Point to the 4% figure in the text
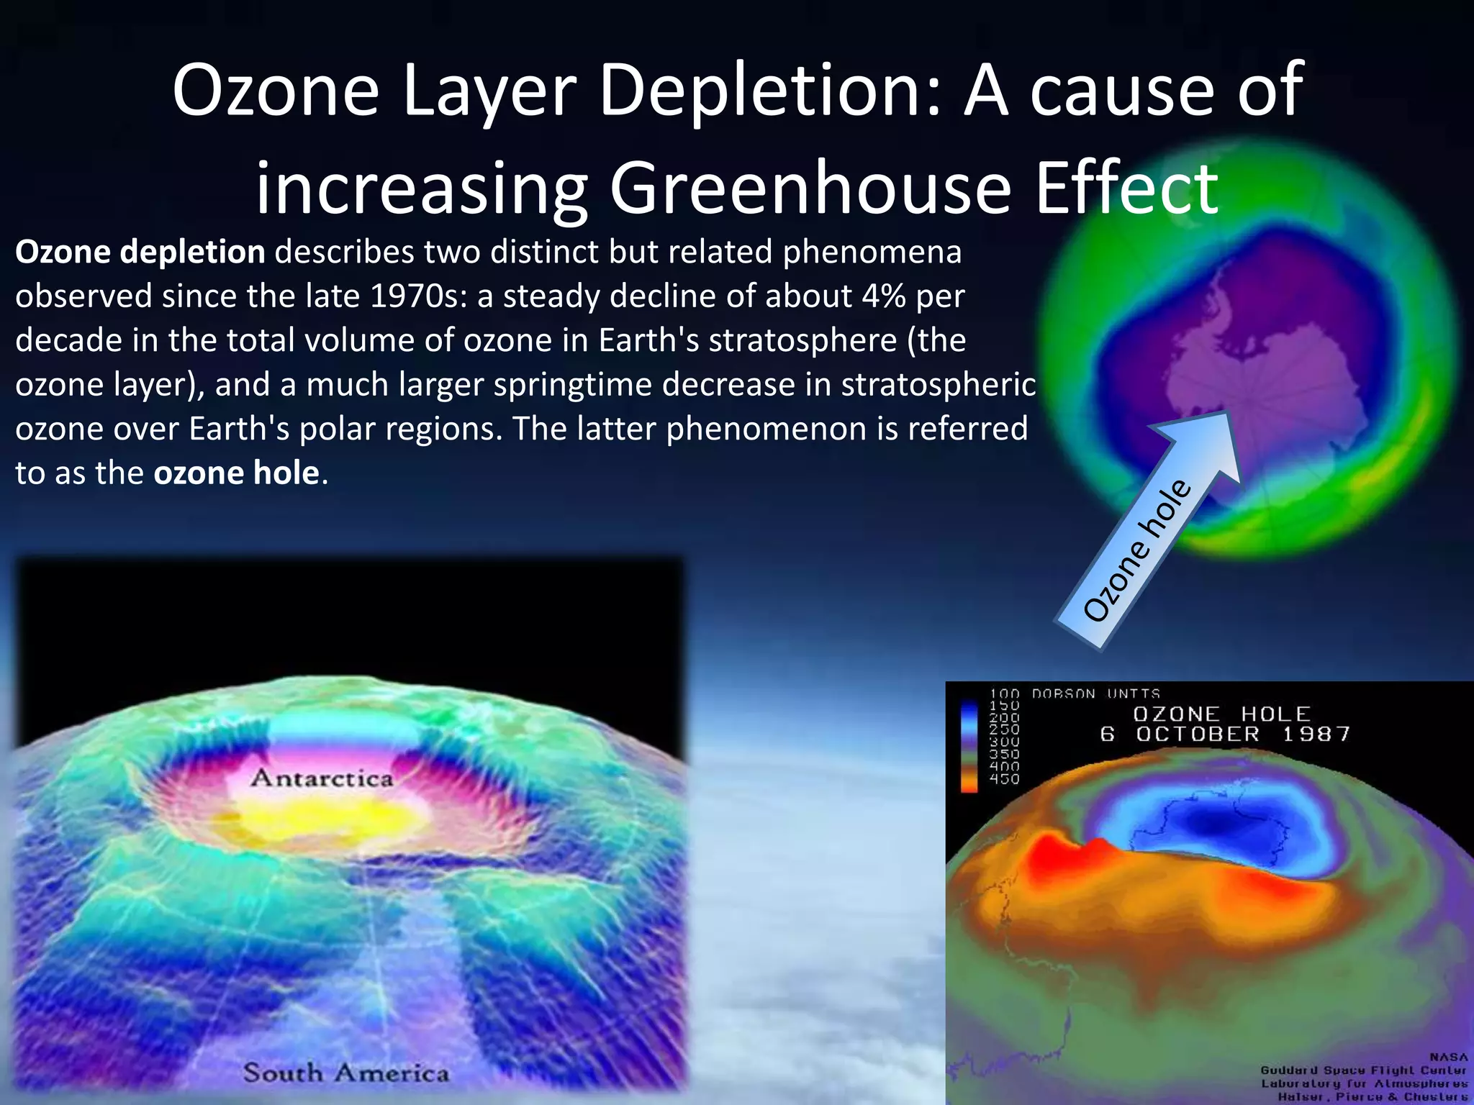(x=883, y=296)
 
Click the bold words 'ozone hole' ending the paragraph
(x=236, y=473)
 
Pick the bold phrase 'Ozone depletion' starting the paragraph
(x=140, y=253)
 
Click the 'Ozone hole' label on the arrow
(x=1137, y=550)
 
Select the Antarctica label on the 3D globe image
(x=322, y=778)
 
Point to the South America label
(x=345, y=1073)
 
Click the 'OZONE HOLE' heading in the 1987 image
(x=1221, y=714)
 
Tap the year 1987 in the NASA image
(x=1316, y=735)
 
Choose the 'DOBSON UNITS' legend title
(x=1095, y=694)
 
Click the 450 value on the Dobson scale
(x=1004, y=778)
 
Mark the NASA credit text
(x=1448, y=1058)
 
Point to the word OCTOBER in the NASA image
(x=1198, y=735)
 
